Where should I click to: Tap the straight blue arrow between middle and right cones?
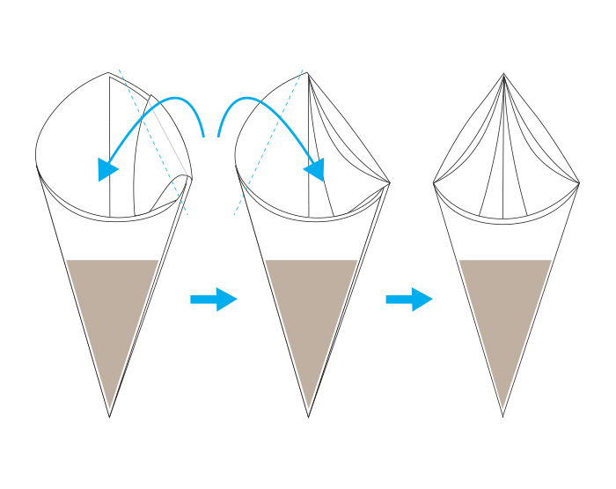click(409, 300)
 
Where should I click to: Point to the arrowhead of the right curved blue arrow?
click(315, 168)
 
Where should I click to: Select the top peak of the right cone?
click(503, 74)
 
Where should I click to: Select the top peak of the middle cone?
click(307, 73)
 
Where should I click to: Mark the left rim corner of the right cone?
click(433, 183)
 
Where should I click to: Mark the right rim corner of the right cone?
click(579, 183)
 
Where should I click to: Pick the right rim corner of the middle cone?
click(390, 183)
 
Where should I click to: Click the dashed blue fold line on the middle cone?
click(268, 145)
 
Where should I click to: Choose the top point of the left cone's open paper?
click(109, 73)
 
